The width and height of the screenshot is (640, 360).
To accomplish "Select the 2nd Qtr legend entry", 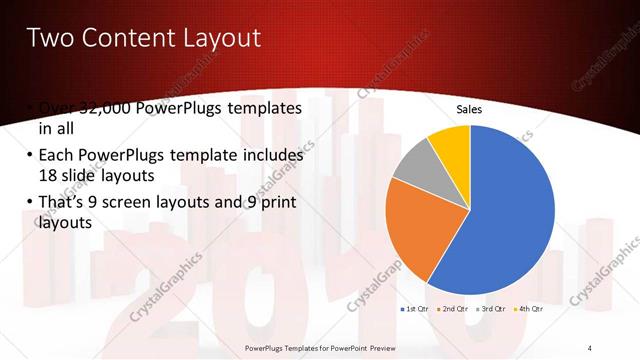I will pyautogui.click(x=455, y=310).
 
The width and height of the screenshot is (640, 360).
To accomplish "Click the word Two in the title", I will pyautogui.click(x=49, y=38).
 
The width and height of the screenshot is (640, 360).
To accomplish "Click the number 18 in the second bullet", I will pyautogui.click(x=50, y=175).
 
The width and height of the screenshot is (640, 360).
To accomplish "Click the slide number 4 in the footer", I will pyautogui.click(x=590, y=347).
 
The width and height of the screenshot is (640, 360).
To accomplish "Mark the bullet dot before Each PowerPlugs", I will pyautogui.click(x=25, y=156).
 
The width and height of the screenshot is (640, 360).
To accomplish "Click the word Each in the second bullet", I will pyautogui.click(x=56, y=156).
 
